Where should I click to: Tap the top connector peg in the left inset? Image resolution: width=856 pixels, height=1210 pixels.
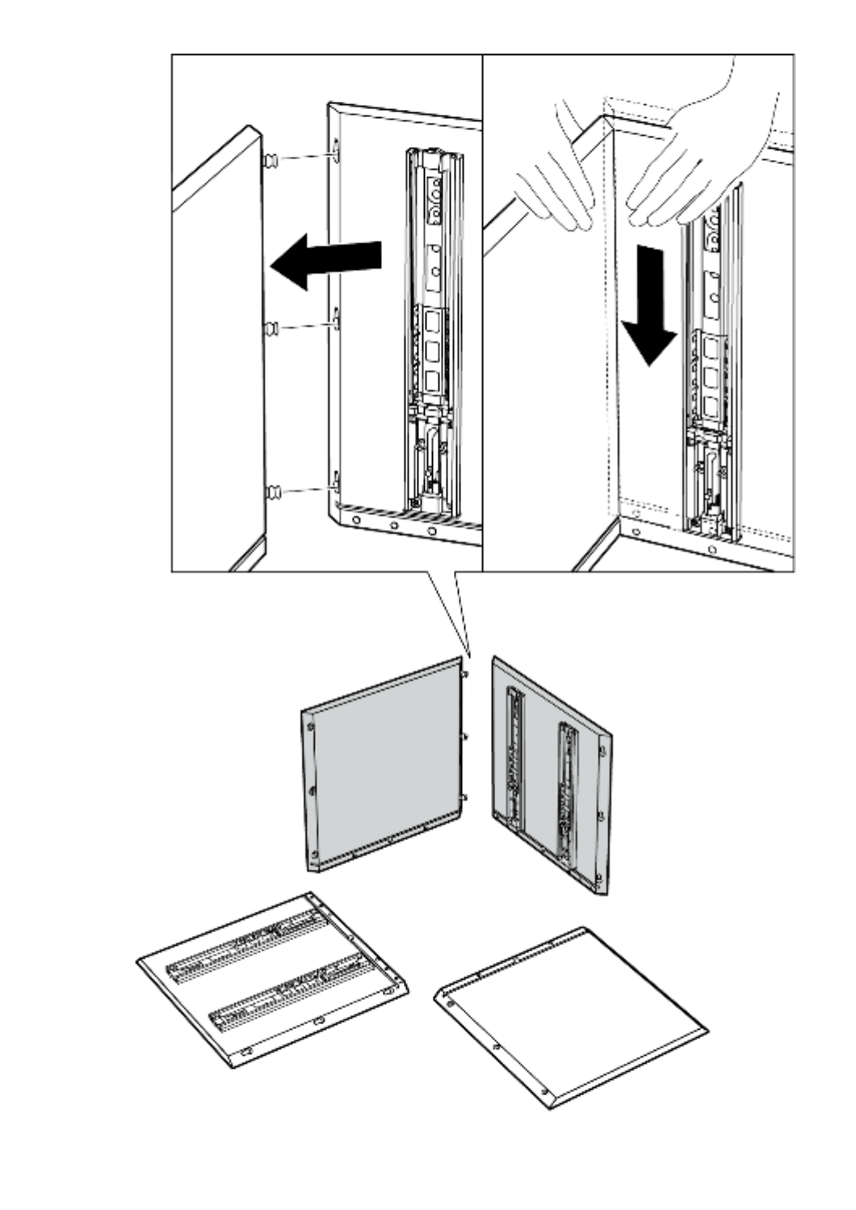pos(272,162)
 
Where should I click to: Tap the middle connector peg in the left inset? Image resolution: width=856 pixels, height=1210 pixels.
pos(272,329)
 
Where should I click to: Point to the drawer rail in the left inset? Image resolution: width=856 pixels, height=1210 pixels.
pos(434,331)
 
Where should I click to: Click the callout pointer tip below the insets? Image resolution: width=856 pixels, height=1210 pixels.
pos(468,653)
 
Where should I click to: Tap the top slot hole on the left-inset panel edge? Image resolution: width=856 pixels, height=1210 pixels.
pos(334,146)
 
